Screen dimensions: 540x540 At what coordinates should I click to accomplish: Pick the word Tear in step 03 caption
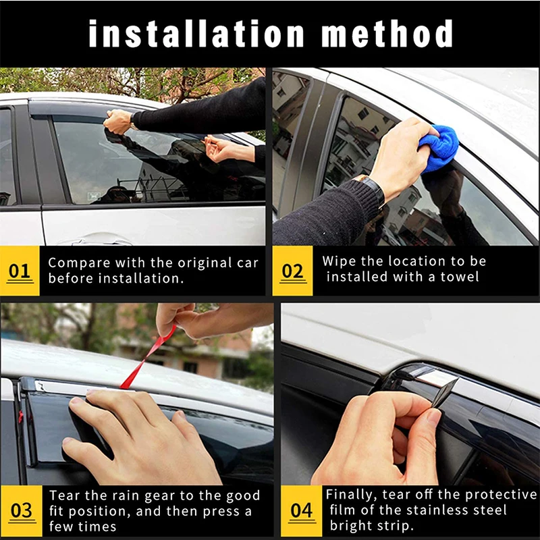pos(63,495)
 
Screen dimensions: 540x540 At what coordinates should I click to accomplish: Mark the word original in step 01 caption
pos(202,263)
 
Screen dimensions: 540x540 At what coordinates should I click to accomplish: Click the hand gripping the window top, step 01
pos(119,122)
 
